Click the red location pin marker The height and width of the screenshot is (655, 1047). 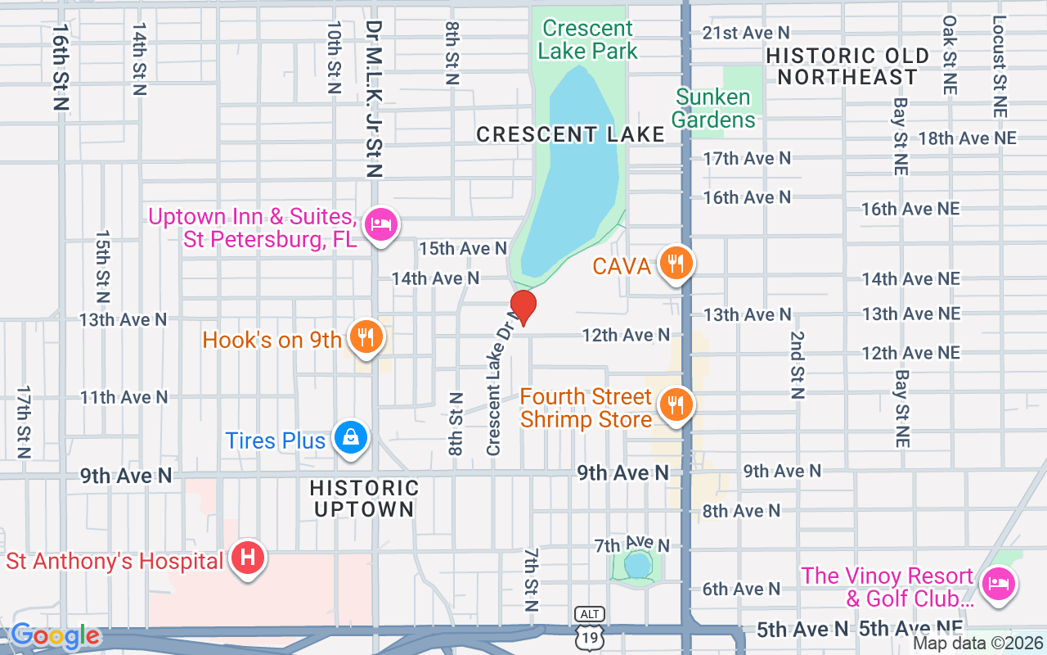tap(523, 307)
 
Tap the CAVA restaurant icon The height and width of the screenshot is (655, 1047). tap(675, 264)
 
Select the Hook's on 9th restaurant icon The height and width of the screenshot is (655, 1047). tap(366, 337)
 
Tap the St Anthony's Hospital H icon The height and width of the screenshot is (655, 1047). tap(247, 558)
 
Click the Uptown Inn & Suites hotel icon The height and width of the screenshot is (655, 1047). tap(380, 223)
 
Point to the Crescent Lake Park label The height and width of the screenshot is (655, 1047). tap(587, 39)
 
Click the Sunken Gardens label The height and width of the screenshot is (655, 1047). tap(712, 108)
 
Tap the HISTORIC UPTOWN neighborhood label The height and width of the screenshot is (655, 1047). tap(364, 499)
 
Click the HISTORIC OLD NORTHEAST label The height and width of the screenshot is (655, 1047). tap(847, 66)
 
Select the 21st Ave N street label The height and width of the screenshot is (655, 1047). tap(746, 33)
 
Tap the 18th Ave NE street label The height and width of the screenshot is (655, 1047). tap(967, 138)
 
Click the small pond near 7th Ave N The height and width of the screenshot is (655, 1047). tap(636, 565)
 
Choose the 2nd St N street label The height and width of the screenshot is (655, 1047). tap(797, 364)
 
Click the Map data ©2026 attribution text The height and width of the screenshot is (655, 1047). tap(977, 644)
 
